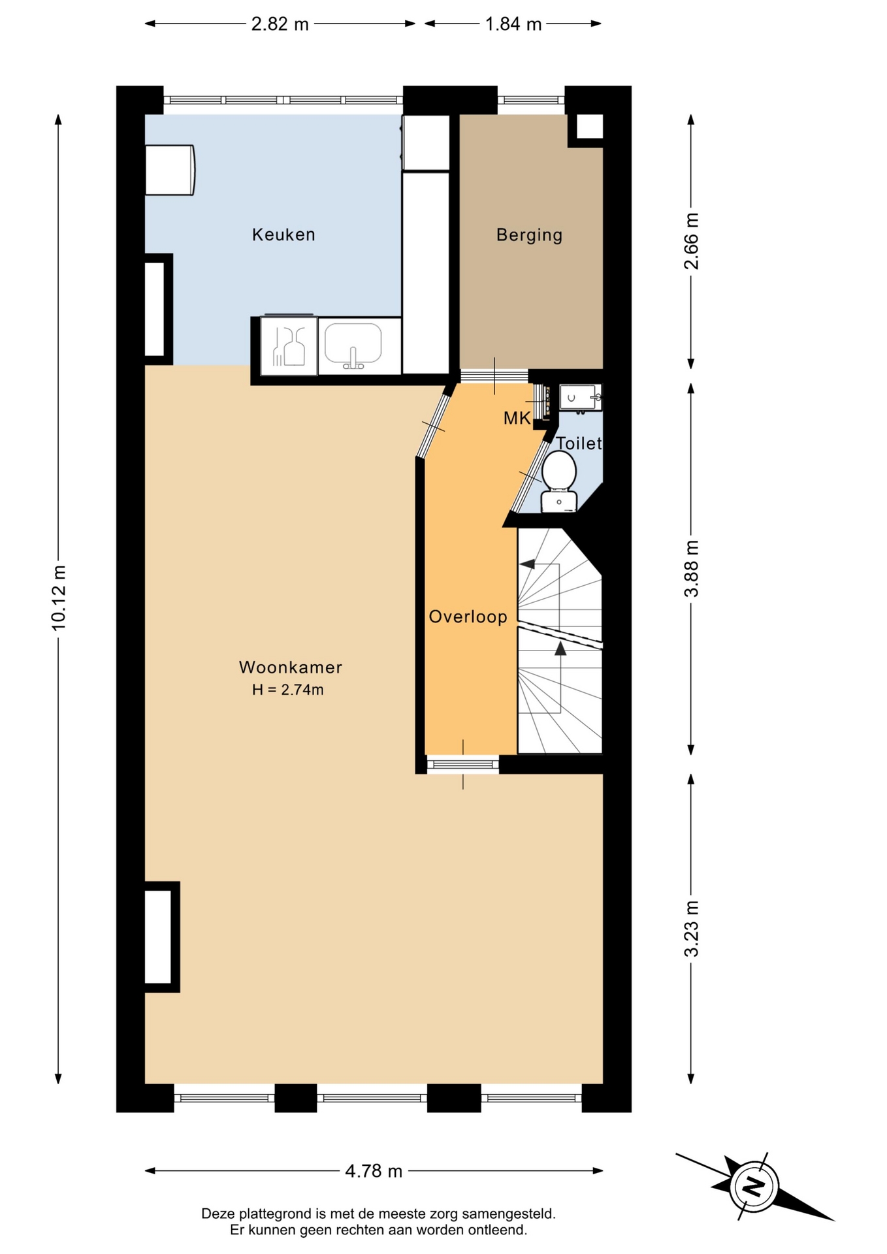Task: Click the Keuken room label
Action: (283, 234)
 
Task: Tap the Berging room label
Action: (529, 235)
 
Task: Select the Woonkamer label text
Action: (291, 667)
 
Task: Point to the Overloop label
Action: (468, 617)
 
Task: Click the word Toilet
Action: (579, 443)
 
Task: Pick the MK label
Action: (517, 418)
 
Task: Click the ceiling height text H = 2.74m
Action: (288, 690)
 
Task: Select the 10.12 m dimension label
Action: (59, 598)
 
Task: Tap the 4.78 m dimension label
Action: (374, 1171)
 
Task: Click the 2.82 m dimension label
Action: (280, 24)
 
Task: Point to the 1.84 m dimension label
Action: (513, 24)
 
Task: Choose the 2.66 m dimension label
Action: (691, 241)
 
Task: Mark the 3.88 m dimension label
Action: (691, 568)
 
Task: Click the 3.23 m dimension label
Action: (691, 929)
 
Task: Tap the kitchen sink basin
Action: (353, 344)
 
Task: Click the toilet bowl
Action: (559, 470)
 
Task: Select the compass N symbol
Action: (754, 1186)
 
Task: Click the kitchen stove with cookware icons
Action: (289, 346)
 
